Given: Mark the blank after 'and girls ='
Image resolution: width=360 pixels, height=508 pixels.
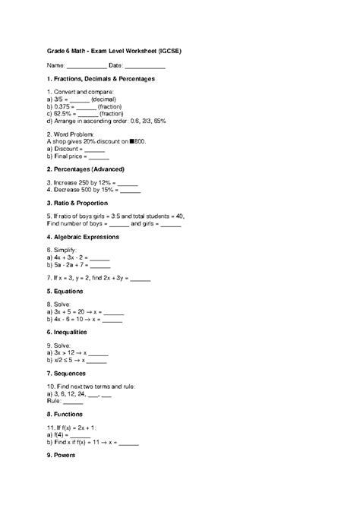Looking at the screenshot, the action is point(170,225).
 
